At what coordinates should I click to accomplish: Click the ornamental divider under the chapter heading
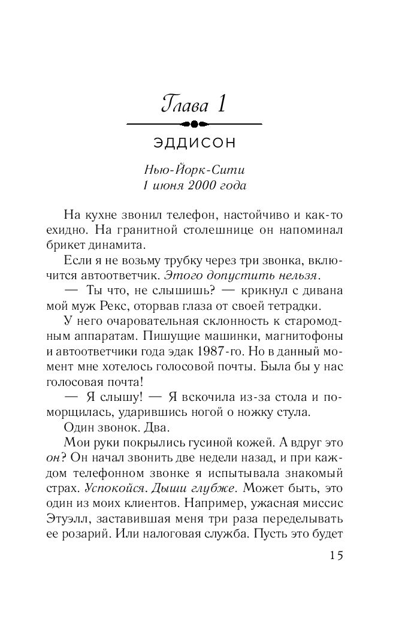pyautogui.click(x=195, y=124)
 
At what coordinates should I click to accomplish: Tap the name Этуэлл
pyautogui.click(x=86, y=519)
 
